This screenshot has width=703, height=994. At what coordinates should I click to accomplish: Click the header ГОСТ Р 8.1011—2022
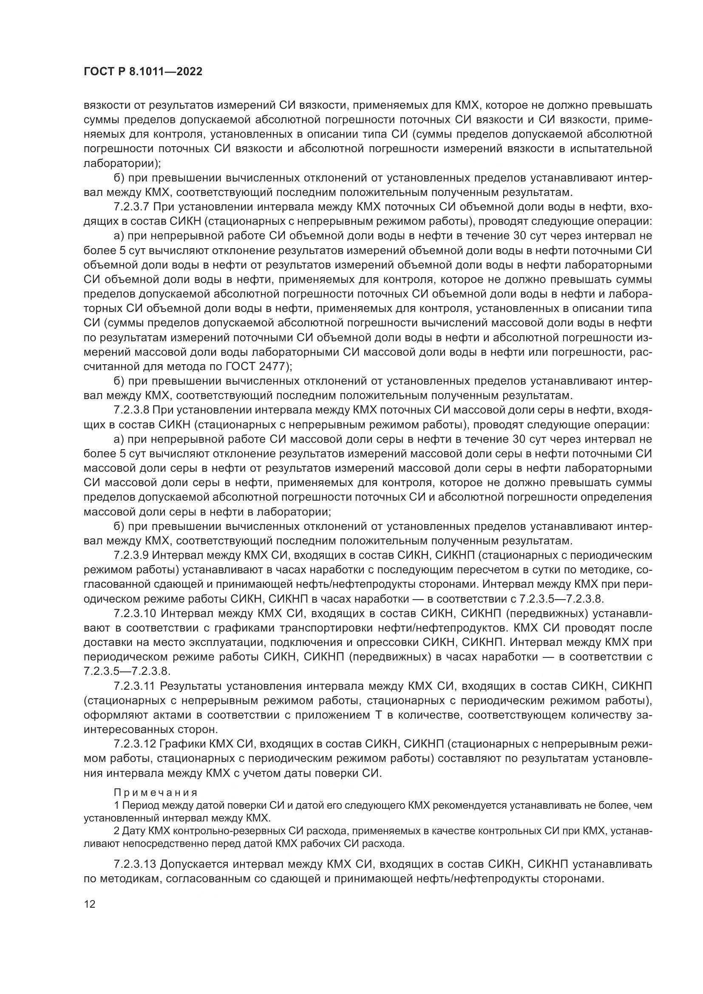click(x=143, y=72)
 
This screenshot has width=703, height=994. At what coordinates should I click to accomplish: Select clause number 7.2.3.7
click(x=132, y=207)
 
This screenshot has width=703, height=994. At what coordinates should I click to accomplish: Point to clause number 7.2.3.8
click(x=132, y=410)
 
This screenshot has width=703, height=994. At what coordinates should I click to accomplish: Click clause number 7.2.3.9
click(x=132, y=555)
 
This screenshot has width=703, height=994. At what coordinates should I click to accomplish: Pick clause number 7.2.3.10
click(x=134, y=614)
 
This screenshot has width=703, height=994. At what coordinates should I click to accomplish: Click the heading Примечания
click(x=156, y=793)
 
